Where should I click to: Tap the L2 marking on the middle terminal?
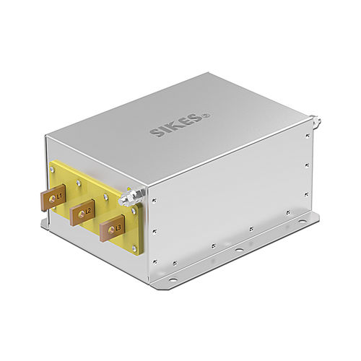point(88,210)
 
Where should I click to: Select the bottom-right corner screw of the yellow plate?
point(135,247)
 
